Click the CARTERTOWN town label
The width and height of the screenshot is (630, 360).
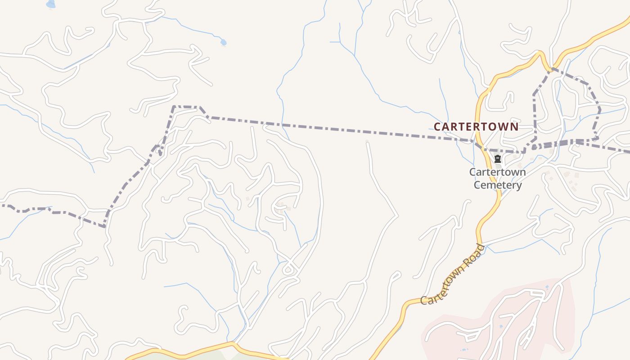click(476, 126)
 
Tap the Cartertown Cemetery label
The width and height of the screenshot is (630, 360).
click(497, 178)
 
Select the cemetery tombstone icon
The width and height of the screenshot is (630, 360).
click(497, 159)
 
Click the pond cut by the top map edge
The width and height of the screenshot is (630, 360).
click(51, 4)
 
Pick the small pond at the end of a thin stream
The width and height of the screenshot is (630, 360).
click(223, 42)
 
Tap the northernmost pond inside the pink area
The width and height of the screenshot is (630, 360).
click(547, 287)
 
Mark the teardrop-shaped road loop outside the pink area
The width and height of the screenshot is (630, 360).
click(288, 270)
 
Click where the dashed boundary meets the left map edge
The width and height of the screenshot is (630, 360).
click(1, 206)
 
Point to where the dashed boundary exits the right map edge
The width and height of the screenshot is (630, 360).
click(628, 152)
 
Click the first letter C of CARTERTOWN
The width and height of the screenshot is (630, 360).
click(437, 126)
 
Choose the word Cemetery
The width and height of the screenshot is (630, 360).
click(497, 185)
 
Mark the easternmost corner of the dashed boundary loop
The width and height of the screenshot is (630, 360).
click(600, 109)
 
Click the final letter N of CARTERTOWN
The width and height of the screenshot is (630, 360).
click(514, 126)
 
